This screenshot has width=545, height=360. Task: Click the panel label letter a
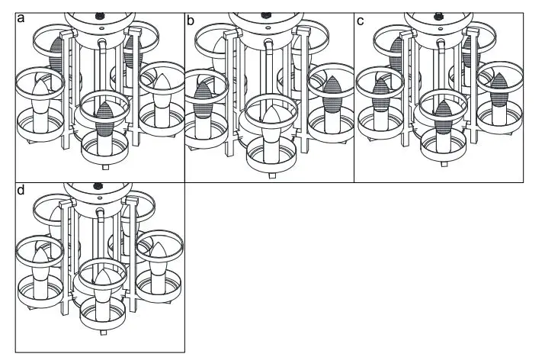(21, 21)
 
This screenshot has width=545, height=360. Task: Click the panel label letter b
(191, 21)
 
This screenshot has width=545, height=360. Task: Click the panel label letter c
(360, 21)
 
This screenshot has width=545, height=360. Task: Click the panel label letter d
(21, 190)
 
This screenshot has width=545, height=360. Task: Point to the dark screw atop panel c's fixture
(438, 14)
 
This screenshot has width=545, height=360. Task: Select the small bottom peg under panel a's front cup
(104, 162)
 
